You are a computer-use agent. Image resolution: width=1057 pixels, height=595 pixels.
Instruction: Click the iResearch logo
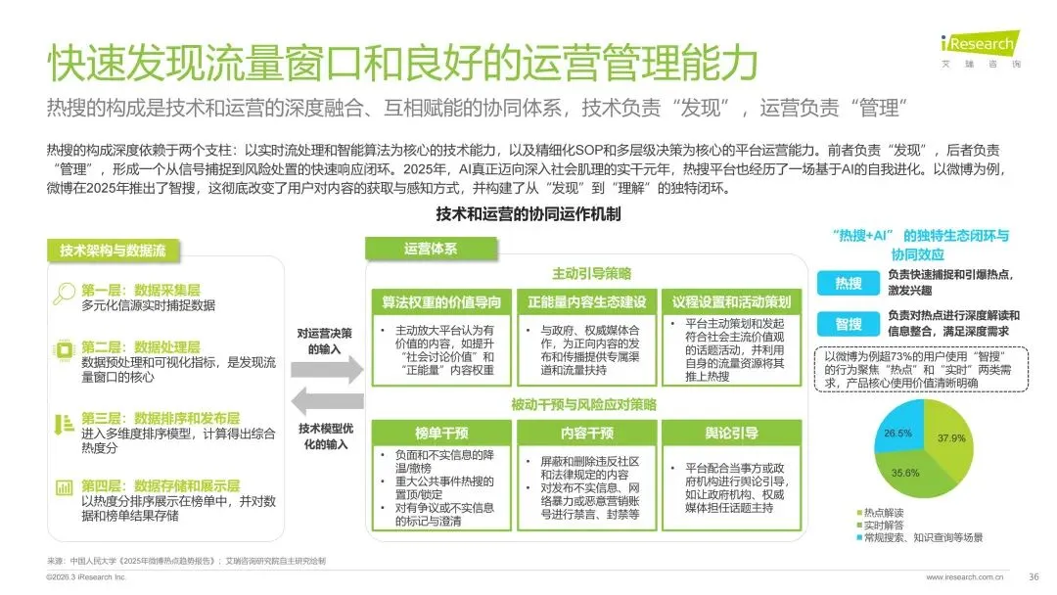coord(979,46)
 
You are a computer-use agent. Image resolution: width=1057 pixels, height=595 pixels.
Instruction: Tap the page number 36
coord(1034,576)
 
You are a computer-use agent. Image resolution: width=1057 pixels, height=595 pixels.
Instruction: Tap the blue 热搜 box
coord(849,283)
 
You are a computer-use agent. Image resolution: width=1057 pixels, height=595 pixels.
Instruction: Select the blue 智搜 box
coord(849,324)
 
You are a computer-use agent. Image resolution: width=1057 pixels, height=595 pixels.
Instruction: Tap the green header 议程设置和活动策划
coord(732,301)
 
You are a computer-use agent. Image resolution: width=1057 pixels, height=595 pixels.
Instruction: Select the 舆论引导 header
coord(732,433)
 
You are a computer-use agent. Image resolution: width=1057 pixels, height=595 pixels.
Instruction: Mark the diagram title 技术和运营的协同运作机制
coord(528,214)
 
